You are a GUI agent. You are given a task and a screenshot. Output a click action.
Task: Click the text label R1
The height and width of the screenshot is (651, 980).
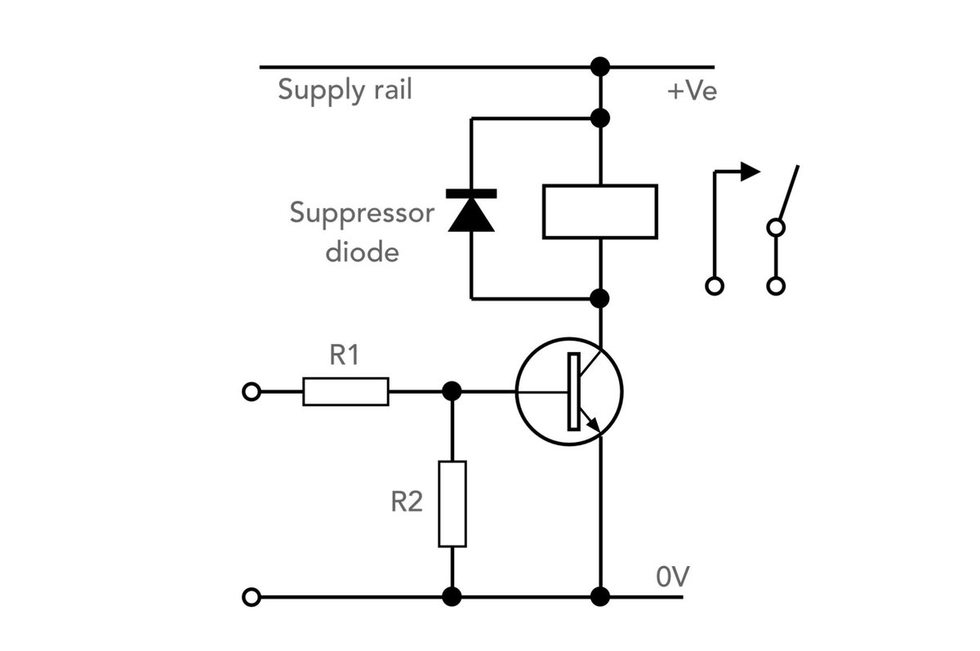pos(345,354)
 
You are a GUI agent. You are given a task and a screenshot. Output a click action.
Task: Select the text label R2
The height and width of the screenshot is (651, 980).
pos(407,502)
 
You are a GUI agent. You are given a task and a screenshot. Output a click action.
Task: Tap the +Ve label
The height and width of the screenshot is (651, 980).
pos(692,91)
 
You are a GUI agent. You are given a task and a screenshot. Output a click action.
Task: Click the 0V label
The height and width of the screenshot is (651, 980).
pos(672,576)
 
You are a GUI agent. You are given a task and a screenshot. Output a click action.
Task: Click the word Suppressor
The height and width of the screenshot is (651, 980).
pos(362,214)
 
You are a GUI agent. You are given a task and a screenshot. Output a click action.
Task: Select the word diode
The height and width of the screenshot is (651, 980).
pos(363,252)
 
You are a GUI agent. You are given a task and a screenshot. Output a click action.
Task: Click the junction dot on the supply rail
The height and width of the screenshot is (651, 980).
pos(599,67)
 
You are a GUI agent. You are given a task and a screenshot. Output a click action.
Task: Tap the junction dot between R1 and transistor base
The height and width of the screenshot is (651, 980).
pos(452,391)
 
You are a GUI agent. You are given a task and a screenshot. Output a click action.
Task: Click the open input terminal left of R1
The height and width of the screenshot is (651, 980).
pos(252,391)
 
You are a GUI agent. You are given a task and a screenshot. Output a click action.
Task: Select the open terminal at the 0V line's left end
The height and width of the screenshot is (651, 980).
pos(252,597)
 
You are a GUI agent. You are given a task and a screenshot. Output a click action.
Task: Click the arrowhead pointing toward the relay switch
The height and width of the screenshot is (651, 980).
pos(750,172)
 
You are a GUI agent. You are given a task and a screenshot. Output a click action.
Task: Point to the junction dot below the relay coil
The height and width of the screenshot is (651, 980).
pos(599,299)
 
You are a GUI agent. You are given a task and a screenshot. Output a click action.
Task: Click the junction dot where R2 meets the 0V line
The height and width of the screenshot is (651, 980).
pos(452,597)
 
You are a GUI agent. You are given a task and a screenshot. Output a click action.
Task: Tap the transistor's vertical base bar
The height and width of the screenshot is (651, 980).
pos(574,391)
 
